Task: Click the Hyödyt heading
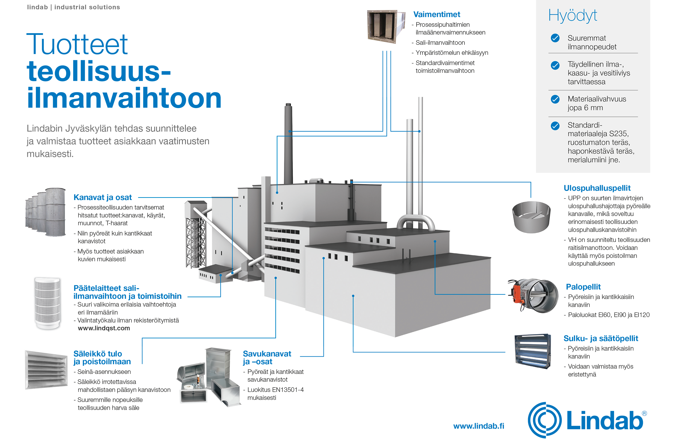point(573,16)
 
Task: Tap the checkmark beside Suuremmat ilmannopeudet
point(555,38)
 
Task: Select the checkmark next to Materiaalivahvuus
point(555,99)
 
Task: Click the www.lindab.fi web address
point(479,426)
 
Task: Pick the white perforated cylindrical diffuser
point(47,302)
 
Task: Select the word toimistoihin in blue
point(159,296)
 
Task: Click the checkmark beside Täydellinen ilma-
point(555,65)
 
